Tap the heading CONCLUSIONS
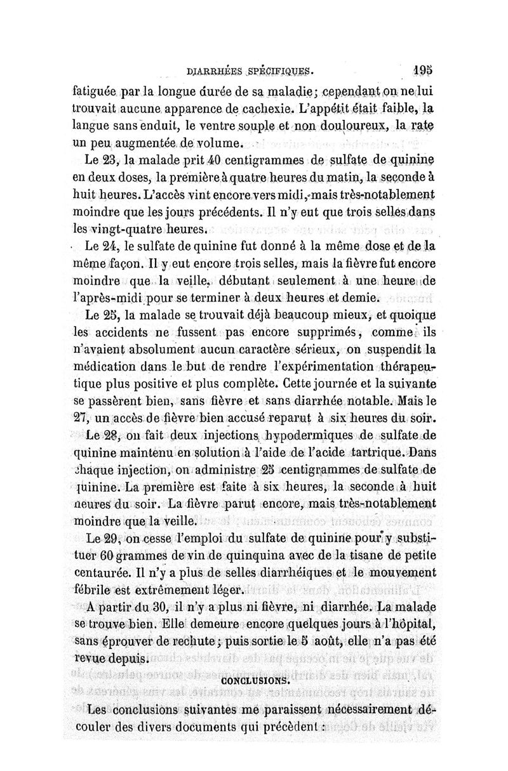(256, 680)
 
